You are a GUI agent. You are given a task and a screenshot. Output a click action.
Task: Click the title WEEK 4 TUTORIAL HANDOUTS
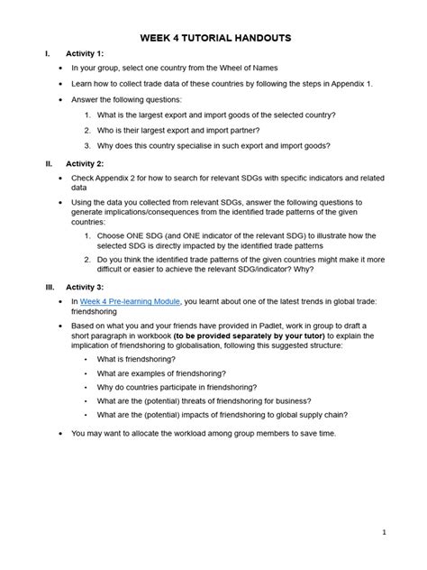pyautogui.click(x=214, y=40)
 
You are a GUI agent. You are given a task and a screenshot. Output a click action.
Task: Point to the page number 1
pyautogui.click(x=384, y=532)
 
